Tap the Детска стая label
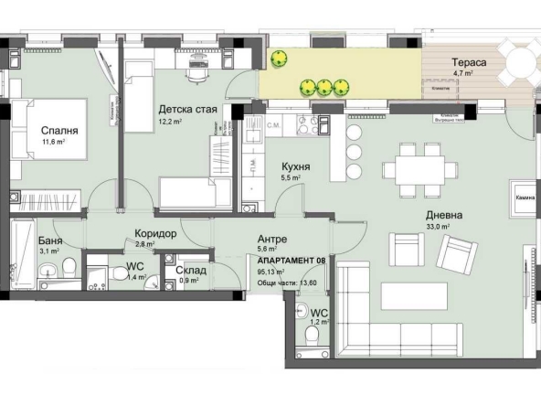point(187,110)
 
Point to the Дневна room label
point(443,216)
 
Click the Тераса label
point(467,62)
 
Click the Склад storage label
point(190,271)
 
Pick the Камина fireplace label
point(524,197)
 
